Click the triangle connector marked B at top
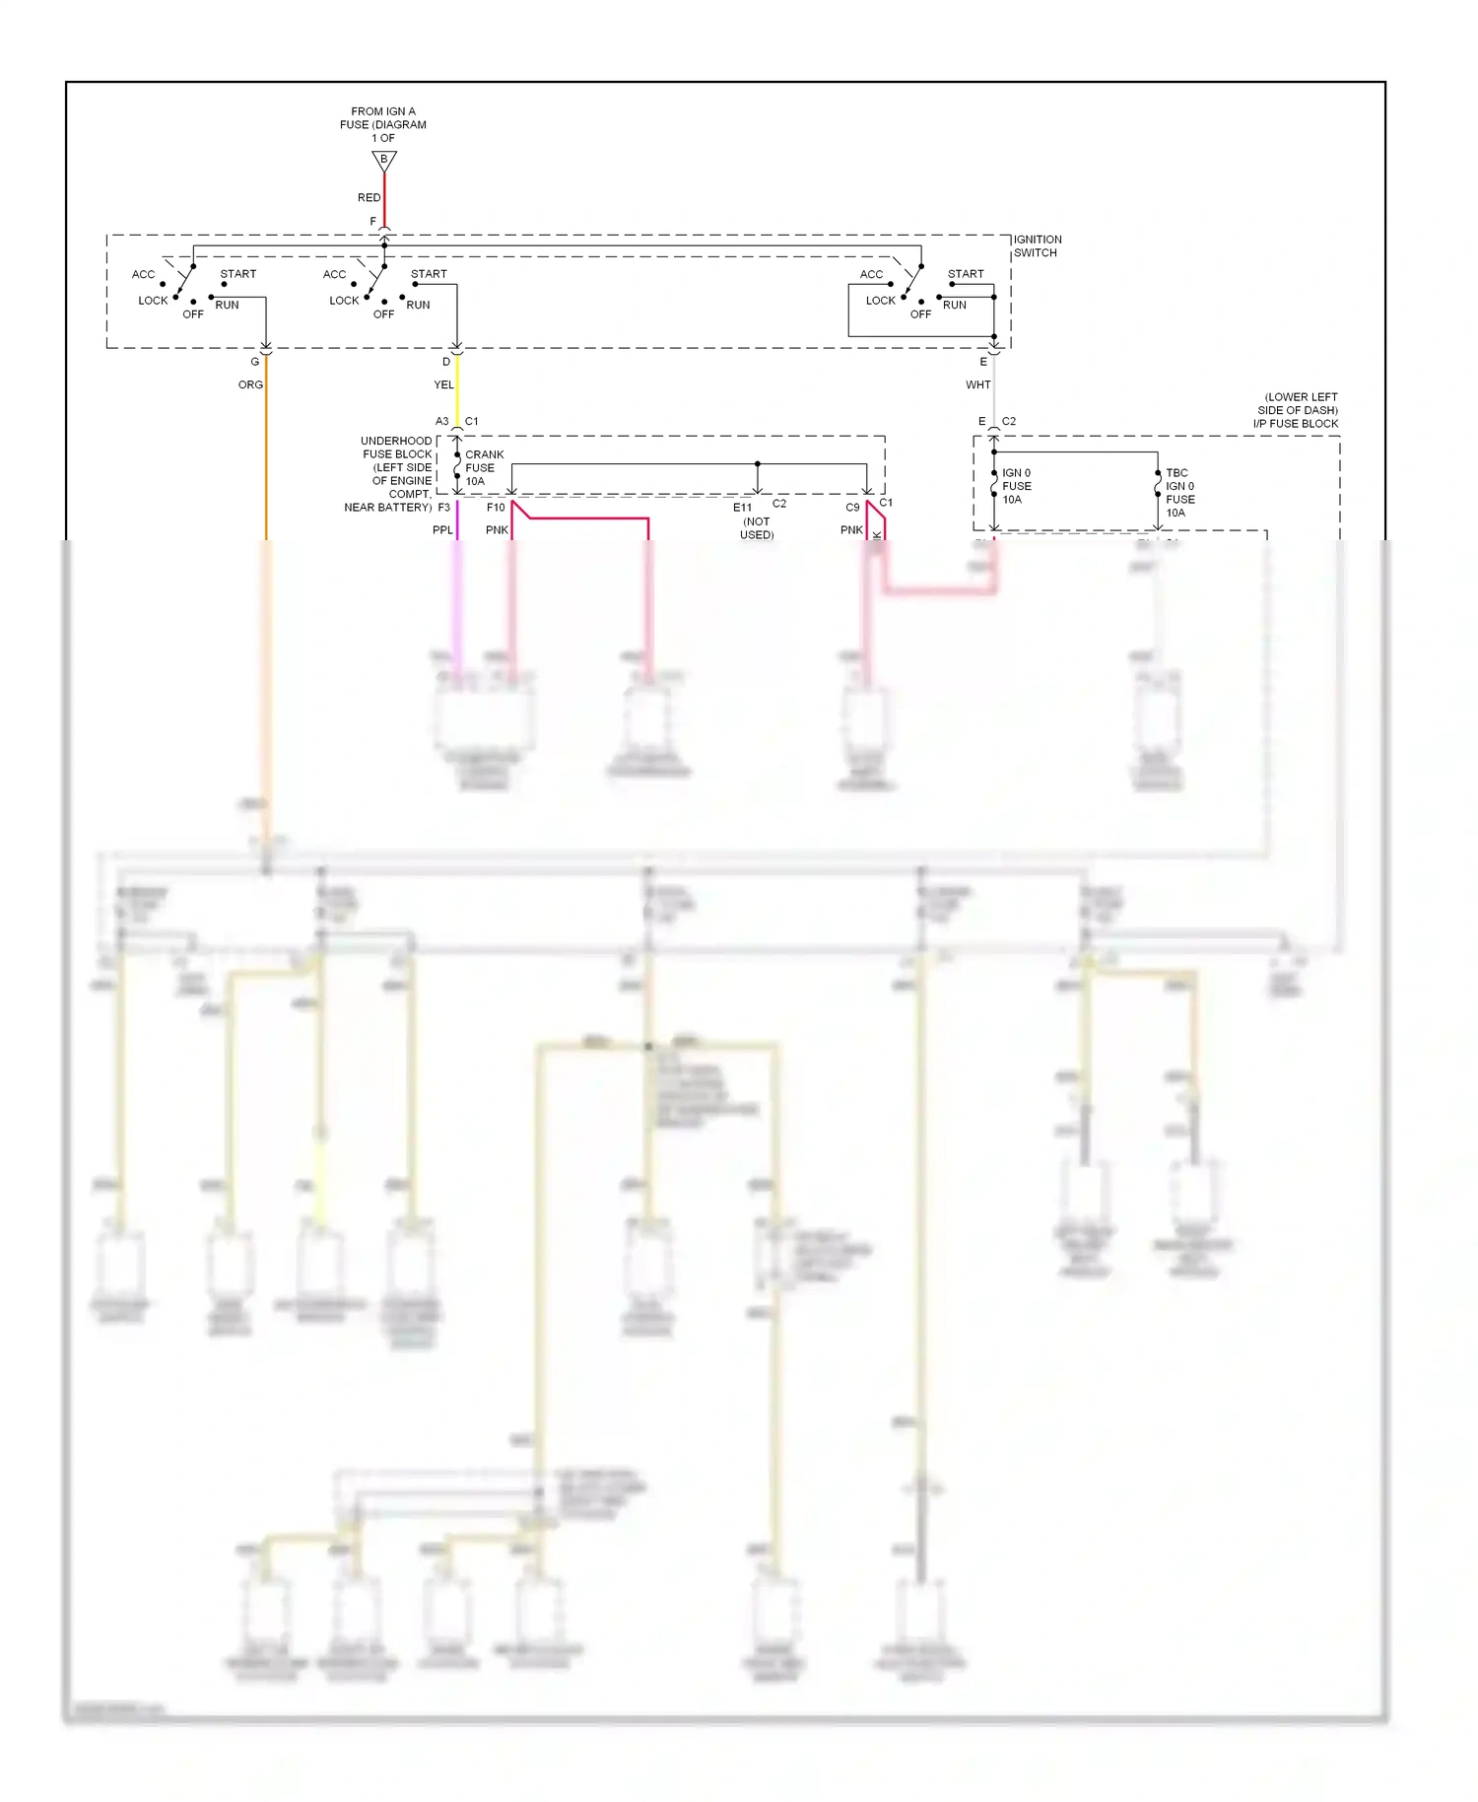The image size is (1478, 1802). click(x=384, y=160)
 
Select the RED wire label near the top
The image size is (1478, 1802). click(x=369, y=198)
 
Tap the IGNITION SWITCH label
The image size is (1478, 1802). click(x=1037, y=246)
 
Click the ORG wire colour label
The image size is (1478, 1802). click(x=250, y=385)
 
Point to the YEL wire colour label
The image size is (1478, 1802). click(x=443, y=385)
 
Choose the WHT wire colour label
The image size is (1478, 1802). click(x=977, y=385)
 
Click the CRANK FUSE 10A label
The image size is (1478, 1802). click(x=483, y=468)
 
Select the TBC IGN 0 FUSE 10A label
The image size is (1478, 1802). click(x=1179, y=493)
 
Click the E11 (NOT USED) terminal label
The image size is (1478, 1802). click(x=755, y=520)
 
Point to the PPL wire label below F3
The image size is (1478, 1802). click(x=442, y=530)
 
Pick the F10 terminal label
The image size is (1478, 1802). click(x=496, y=508)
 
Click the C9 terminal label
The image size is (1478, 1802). click(x=852, y=508)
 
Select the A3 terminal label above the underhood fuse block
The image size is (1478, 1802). click(x=441, y=422)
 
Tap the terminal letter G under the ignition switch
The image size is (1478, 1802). click(x=254, y=362)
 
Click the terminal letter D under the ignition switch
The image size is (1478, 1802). click(x=445, y=362)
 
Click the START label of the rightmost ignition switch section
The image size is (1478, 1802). click(x=966, y=274)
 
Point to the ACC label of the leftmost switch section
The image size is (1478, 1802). click(x=143, y=275)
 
